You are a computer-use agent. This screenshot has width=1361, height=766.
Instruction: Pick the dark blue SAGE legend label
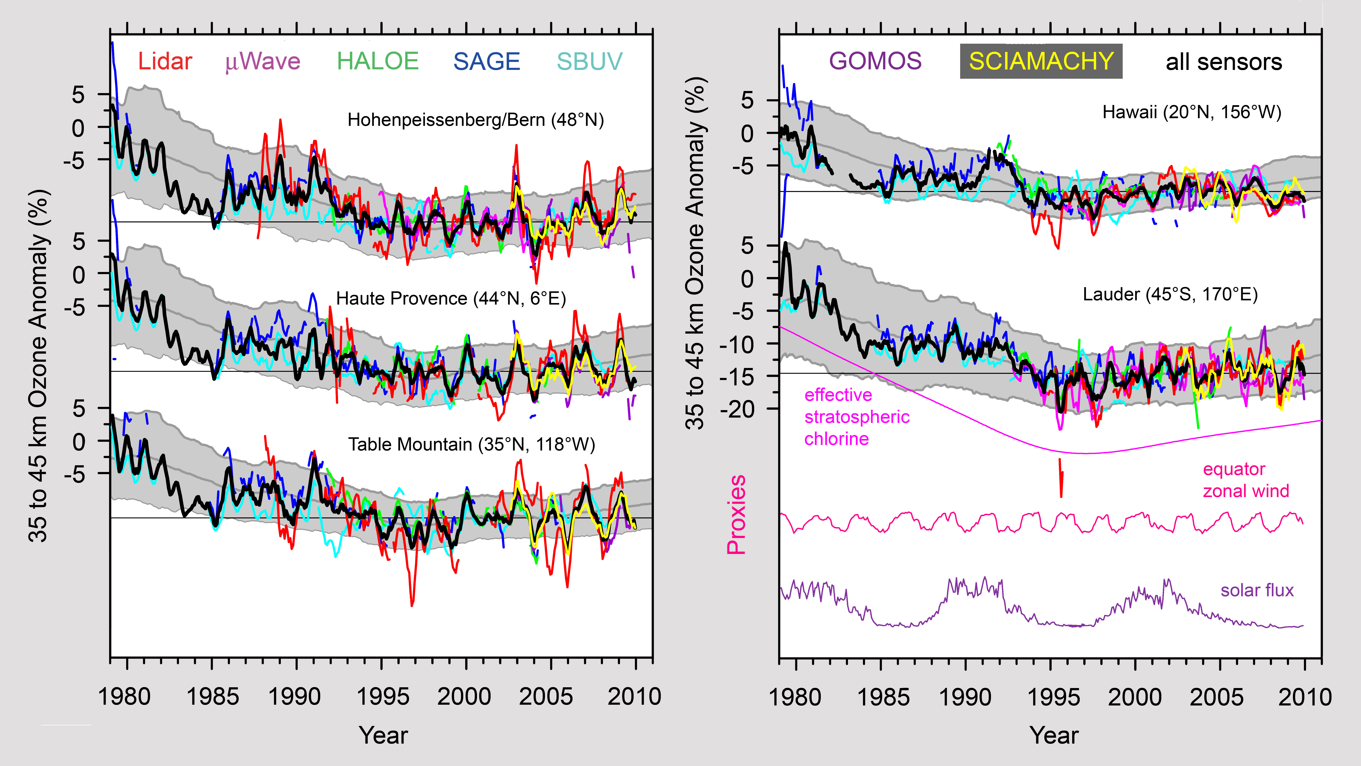[x=487, y=62]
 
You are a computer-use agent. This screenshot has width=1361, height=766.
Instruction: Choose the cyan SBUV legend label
[x=590, y=62]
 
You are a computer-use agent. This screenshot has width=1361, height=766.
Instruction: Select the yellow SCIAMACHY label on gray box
[x=1041, y=61]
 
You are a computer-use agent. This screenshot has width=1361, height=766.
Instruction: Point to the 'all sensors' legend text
[x=1224, y=62]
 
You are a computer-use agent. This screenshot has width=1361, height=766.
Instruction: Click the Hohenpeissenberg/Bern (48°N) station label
[x=475, y=120]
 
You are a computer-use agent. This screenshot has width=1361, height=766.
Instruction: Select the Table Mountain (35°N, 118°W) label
[x=471, y=445]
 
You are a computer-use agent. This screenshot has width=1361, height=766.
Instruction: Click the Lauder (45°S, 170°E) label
[x=1170, y=294]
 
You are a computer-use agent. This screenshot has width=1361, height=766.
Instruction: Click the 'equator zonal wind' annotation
[x=1246, y=480]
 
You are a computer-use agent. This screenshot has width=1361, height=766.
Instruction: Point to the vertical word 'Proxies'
[x=736, y=514]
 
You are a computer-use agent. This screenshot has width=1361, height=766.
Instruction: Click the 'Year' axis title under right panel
[x=1053, y=735]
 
